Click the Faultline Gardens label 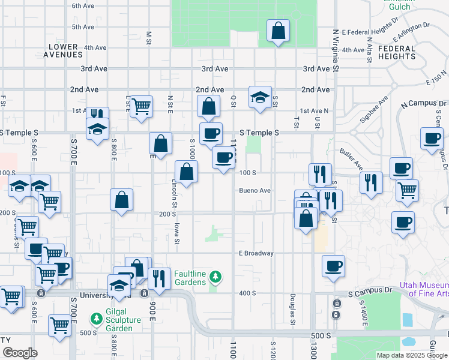tap(190, 277)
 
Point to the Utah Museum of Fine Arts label tap(428, 289)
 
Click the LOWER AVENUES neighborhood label tap(63, 50)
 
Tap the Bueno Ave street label tap(255, 191)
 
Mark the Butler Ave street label tap(351, 158)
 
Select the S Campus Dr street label tap(370, 294)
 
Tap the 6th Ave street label tap(83, 6)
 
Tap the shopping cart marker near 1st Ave tap(141, 107)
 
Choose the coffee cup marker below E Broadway tap(333, 266)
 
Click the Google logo tap(20, 353)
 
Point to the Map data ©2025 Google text tap(413, 355)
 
